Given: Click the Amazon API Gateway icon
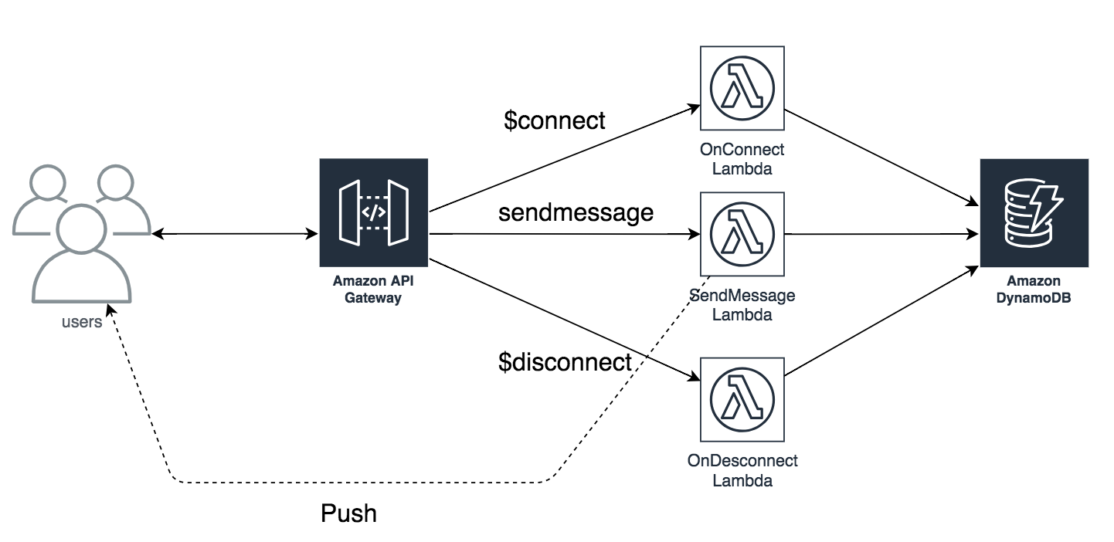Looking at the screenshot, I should pyautogui.click(x=374, y=212).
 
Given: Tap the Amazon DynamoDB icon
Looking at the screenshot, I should pyautogui.click(x=1034, y=212).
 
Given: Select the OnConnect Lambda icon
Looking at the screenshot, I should pyautogui.click(x=742, y=89).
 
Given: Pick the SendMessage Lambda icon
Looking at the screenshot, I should pyautogui.click(x=742, y=234).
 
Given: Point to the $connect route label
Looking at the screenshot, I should pyautogui.click(x=554, y=120).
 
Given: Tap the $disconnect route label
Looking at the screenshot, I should pyautogui.click(x=565, y=361).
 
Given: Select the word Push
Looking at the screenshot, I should pyautogui.click(x=348, y=513).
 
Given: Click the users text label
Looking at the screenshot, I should pyautogui.click(x=82, y=323).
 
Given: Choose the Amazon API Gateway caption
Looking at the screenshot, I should pyautogui.click(x=373, y=290).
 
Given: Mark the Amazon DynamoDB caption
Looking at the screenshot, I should pyautogui.click(x=1034, y=290).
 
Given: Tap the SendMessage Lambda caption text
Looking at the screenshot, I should pyautogui.click(x=742, y=305).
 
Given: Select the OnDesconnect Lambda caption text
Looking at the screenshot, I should pyautogui.click(x=742, y=470).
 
